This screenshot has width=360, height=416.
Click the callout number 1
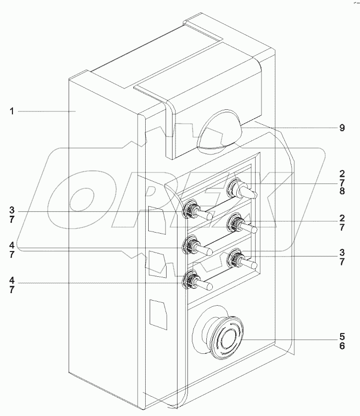click(x=11, y=111)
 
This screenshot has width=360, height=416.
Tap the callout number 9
click(x=342, y=128)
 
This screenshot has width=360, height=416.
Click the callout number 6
click(x=342, y=346)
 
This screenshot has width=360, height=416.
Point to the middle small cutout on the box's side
click(x=158, y=263)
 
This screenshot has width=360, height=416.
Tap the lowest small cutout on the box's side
click(x=158, y=314)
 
